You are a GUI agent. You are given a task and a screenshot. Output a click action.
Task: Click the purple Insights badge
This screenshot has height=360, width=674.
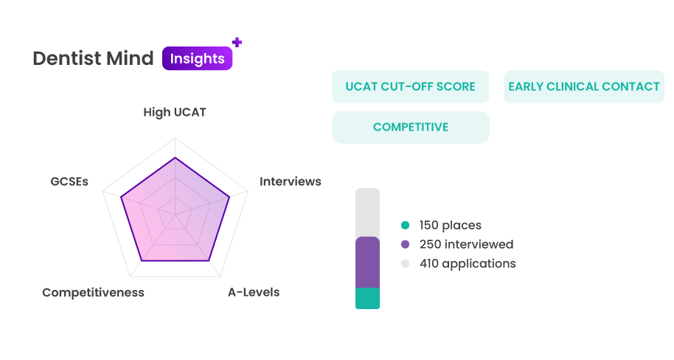pyautogui.click(x=198, y=58)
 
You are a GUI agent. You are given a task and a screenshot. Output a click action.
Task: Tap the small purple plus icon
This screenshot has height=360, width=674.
pyautogui.click(x=237, y=42)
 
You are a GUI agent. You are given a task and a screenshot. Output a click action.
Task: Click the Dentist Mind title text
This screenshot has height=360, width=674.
pyautogui.click(x=93, y=58)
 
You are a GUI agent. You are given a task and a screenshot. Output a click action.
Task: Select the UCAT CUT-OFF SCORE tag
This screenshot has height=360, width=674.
pyautogui.click(x=411, y=86)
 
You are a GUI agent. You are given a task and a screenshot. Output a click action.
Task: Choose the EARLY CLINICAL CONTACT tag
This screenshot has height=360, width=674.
pyautogui.click(x=584, y=86)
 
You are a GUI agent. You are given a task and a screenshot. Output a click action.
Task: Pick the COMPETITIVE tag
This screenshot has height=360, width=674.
pyautogui.click(x=411, y=128)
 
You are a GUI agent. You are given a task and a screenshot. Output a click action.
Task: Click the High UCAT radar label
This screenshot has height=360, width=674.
pyautogui.click(x=175, y=112)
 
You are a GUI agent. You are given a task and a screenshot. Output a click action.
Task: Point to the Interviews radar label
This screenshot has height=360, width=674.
pyautogui.click(x=290, y=181)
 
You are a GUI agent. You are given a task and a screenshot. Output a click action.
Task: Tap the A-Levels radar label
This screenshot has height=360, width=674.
pyautogui.click(x=254, y=292)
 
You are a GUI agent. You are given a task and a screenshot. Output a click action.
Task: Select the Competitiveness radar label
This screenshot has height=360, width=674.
pyautogui.click(x=93, y=292)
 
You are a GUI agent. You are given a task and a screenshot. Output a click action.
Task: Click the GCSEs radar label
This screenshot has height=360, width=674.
pyautogui.click(x=69, y=181)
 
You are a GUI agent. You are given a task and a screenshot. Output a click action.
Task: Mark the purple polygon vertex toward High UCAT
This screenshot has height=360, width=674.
pyautogui.click(x=175, y=158)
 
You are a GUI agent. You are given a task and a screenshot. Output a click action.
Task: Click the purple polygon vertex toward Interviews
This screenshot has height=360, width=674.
pyautogui.click(x=229, y=197)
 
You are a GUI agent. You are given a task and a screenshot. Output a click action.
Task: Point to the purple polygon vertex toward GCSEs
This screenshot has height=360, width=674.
pyautogui.click(x=121, y=197)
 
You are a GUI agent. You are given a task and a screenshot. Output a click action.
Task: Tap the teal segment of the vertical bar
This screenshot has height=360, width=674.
pyautogui.click(x=367, y=298)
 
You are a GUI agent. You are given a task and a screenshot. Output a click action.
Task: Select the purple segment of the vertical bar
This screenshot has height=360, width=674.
pyautogui.click(x=367, y=263)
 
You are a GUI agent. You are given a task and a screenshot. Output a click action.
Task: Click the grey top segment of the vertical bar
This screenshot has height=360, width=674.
pyautogui.click(x=367, y=212)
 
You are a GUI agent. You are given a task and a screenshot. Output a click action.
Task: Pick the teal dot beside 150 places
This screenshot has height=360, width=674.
pyautogui.click(x=405, y=225)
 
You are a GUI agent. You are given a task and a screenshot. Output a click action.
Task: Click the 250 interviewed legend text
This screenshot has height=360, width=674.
pyautogui.click(x=466, y=244)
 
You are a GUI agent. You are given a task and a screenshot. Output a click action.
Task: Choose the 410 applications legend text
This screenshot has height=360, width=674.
pyautogui.click(x=468, y=263)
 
